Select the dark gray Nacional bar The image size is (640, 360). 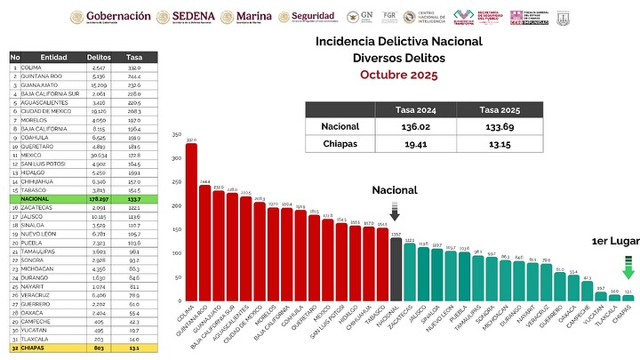396,270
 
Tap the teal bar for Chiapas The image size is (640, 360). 628,298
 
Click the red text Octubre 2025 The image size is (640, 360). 399,75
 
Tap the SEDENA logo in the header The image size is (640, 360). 183,17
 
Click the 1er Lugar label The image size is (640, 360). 613,241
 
